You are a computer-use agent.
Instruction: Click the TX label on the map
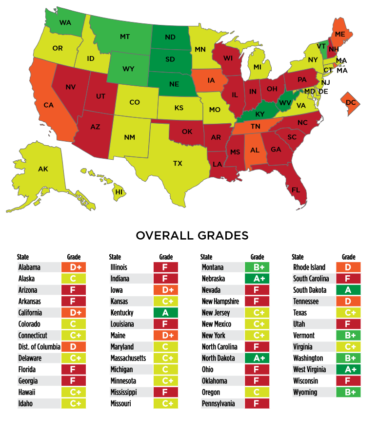[178, 163]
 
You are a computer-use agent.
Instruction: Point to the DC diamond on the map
[350, 103]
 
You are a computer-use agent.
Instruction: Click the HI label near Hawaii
[119, 192]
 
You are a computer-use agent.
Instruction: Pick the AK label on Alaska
[43, 169]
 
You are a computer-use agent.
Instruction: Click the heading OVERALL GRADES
[192, 236]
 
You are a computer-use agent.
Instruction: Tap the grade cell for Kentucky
[165, 313]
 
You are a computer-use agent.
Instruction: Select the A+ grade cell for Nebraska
[257, 279]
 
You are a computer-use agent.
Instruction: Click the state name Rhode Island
[309, 267]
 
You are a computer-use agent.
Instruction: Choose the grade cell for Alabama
[74, 267]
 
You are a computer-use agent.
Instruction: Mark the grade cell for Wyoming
[348, 392]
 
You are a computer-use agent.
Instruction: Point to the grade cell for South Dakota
[348, 290]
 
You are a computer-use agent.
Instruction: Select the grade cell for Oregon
[257, 392]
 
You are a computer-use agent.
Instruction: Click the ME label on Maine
[340, 34]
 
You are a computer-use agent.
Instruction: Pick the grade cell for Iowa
[165, 290]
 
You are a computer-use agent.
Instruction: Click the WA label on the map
[65, 22]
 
